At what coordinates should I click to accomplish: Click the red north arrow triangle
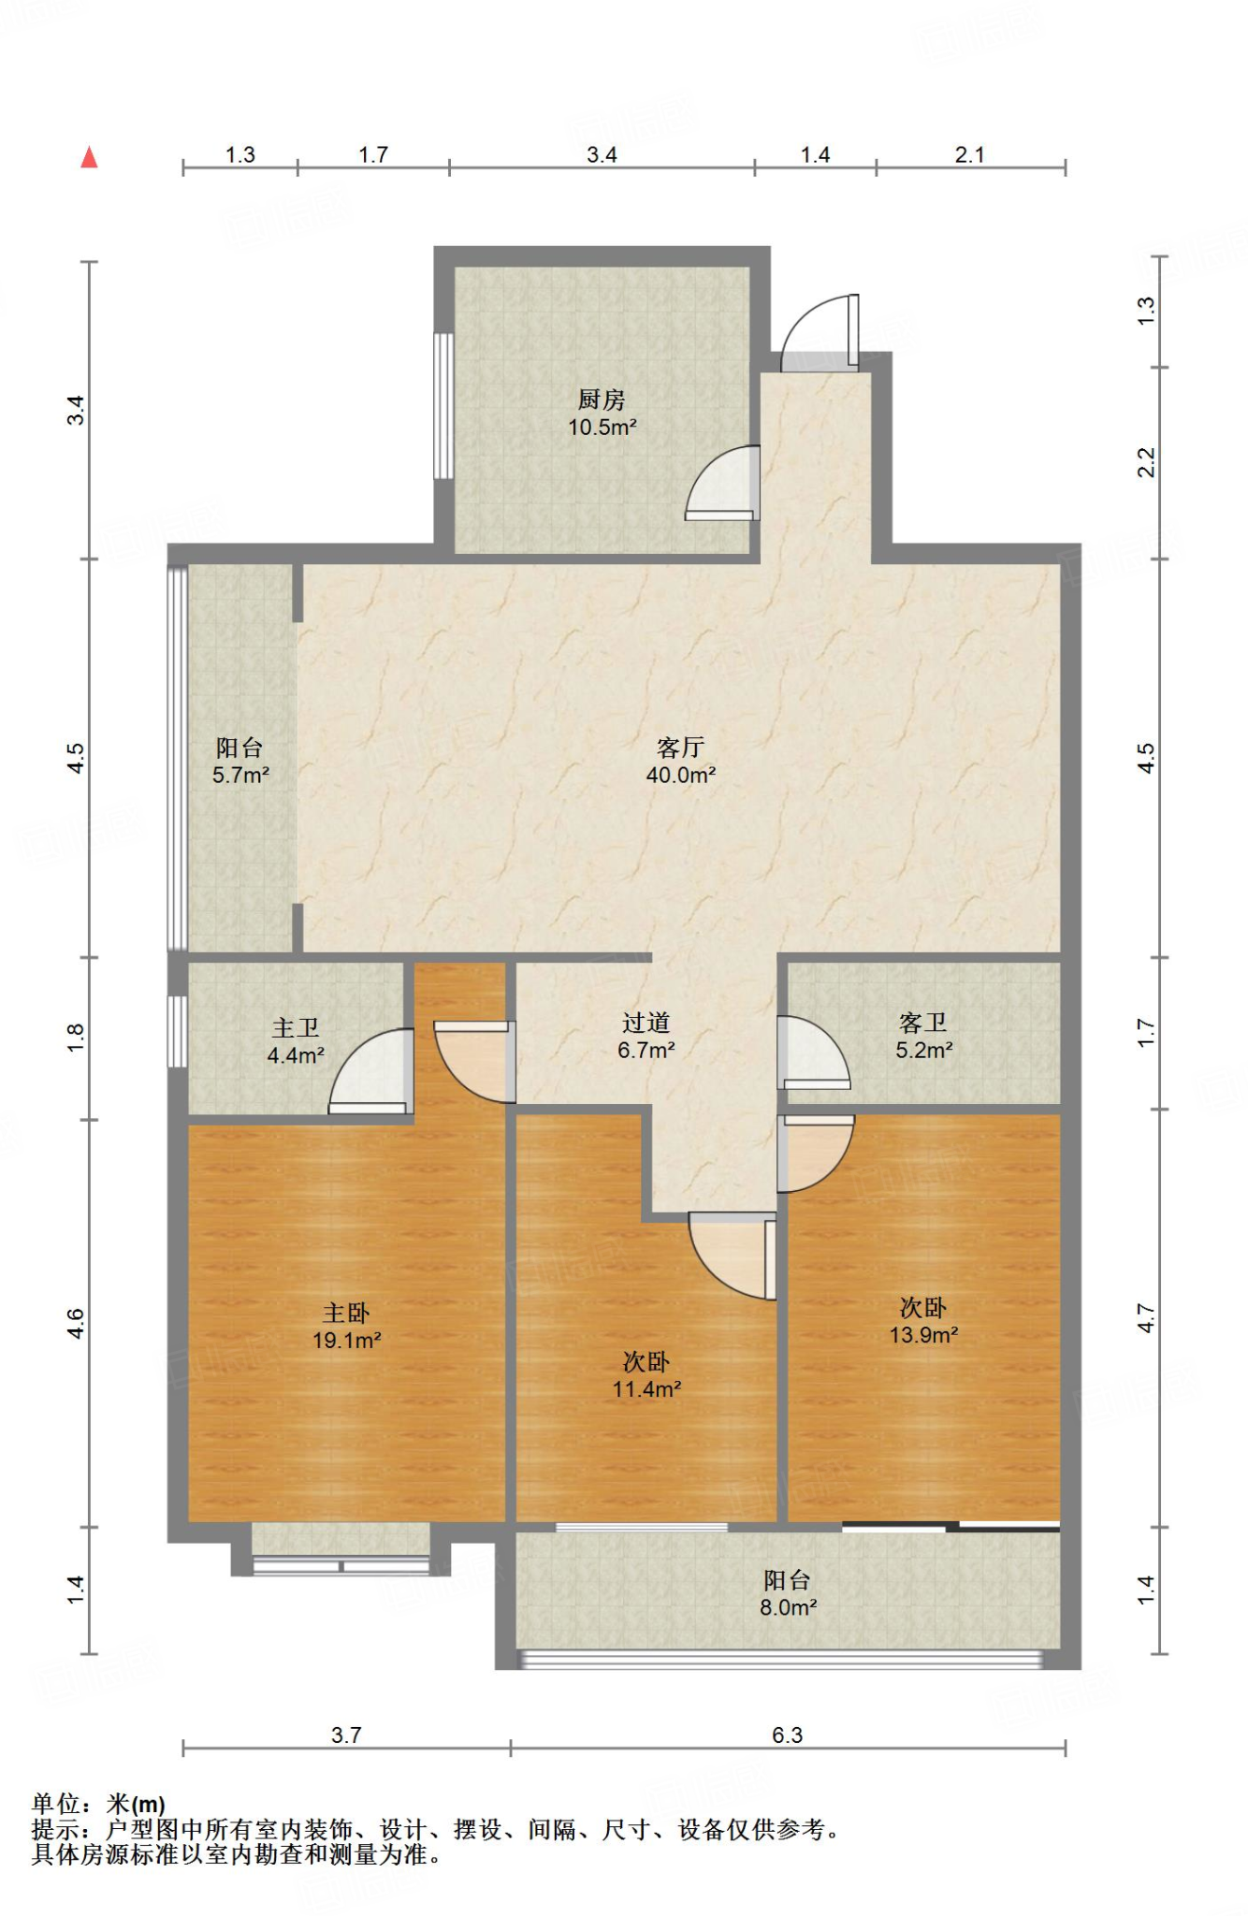pos(89,157)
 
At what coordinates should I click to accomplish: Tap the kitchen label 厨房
pos(601,399)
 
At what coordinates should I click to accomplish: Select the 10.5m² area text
pos(602,428)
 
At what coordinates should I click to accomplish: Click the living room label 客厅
pos(680,748)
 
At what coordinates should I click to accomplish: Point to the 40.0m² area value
pos(680,776)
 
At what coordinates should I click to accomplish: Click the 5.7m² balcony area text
pos(240,776)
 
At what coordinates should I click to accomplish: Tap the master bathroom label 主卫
pos(296,1028)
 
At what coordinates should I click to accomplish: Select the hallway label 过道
pos(646,1023)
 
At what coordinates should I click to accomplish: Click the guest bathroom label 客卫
pos(922,1023)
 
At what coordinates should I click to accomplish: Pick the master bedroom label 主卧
pos(346,1313)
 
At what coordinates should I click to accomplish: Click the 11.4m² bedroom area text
pos(646,1389)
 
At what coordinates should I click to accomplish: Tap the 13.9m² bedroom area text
pos(922,1335)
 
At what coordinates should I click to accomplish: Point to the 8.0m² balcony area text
pos(788,1608)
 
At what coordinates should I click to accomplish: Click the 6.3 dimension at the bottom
pos(787,1735)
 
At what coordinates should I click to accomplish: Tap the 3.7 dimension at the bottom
pos(346,1735)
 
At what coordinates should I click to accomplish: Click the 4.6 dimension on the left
pos(76,1324)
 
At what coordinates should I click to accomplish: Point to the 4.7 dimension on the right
pos(1146,1319)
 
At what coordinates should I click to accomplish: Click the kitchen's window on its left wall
pos(443,406)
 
